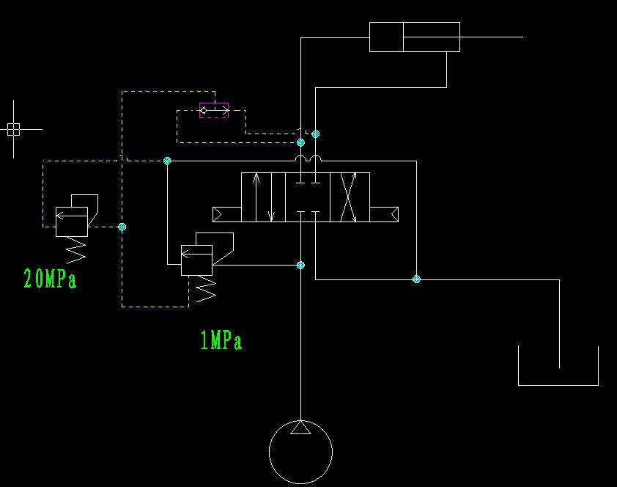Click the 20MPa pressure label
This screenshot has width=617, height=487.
(x=50, y=279)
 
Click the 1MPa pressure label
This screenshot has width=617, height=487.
(x=221, y=340)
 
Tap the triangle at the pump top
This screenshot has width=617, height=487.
(x=300, y=428)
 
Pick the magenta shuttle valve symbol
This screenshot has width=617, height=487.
(x=214, y=111)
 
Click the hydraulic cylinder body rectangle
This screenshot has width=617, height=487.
(x=414, y=37)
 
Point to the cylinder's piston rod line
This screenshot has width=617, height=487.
(x=491, y=37)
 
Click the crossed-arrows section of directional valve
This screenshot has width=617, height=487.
(x=349, y=197)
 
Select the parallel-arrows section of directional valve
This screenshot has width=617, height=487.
(x=263, y=197)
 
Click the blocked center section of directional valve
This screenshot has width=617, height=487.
(x=307, y=197)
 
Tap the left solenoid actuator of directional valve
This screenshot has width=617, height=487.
(x=226, y=214)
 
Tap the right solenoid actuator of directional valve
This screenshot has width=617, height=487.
(x=384, y=214)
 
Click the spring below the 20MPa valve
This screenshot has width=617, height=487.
(x=75, y=252)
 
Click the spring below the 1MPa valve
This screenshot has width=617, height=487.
(x=206, y=290)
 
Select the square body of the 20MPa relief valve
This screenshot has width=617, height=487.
(x=72, y=221)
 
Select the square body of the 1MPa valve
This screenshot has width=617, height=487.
(x=196, y=260)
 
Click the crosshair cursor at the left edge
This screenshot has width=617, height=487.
(x=13, y=129)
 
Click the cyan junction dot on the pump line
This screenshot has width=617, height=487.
(x=300, y=265)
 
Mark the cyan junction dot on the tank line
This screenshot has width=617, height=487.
(x=416, y=279)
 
